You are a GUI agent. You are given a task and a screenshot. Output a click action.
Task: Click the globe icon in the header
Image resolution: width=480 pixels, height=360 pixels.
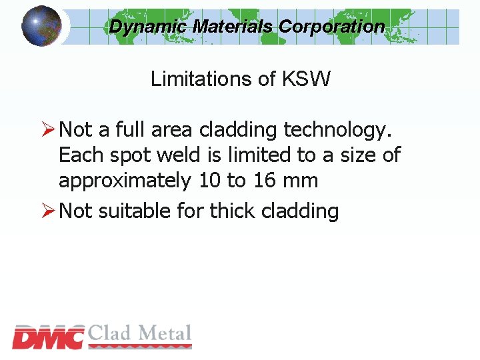(41, 25)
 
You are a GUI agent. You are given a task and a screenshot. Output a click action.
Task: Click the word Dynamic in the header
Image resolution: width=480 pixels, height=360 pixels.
(148, 27)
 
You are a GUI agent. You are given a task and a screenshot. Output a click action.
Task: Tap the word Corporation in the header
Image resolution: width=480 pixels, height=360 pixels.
(331, 27)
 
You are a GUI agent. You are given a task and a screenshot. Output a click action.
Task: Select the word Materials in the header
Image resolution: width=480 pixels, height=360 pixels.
(233, 27)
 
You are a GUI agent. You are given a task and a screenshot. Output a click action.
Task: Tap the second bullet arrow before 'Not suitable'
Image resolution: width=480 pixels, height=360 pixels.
(48, 211)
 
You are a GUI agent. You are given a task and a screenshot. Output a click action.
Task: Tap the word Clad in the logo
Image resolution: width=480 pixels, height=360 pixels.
(111, 333)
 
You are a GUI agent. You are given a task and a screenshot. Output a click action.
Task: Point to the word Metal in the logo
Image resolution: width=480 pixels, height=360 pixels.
(164, 333)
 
